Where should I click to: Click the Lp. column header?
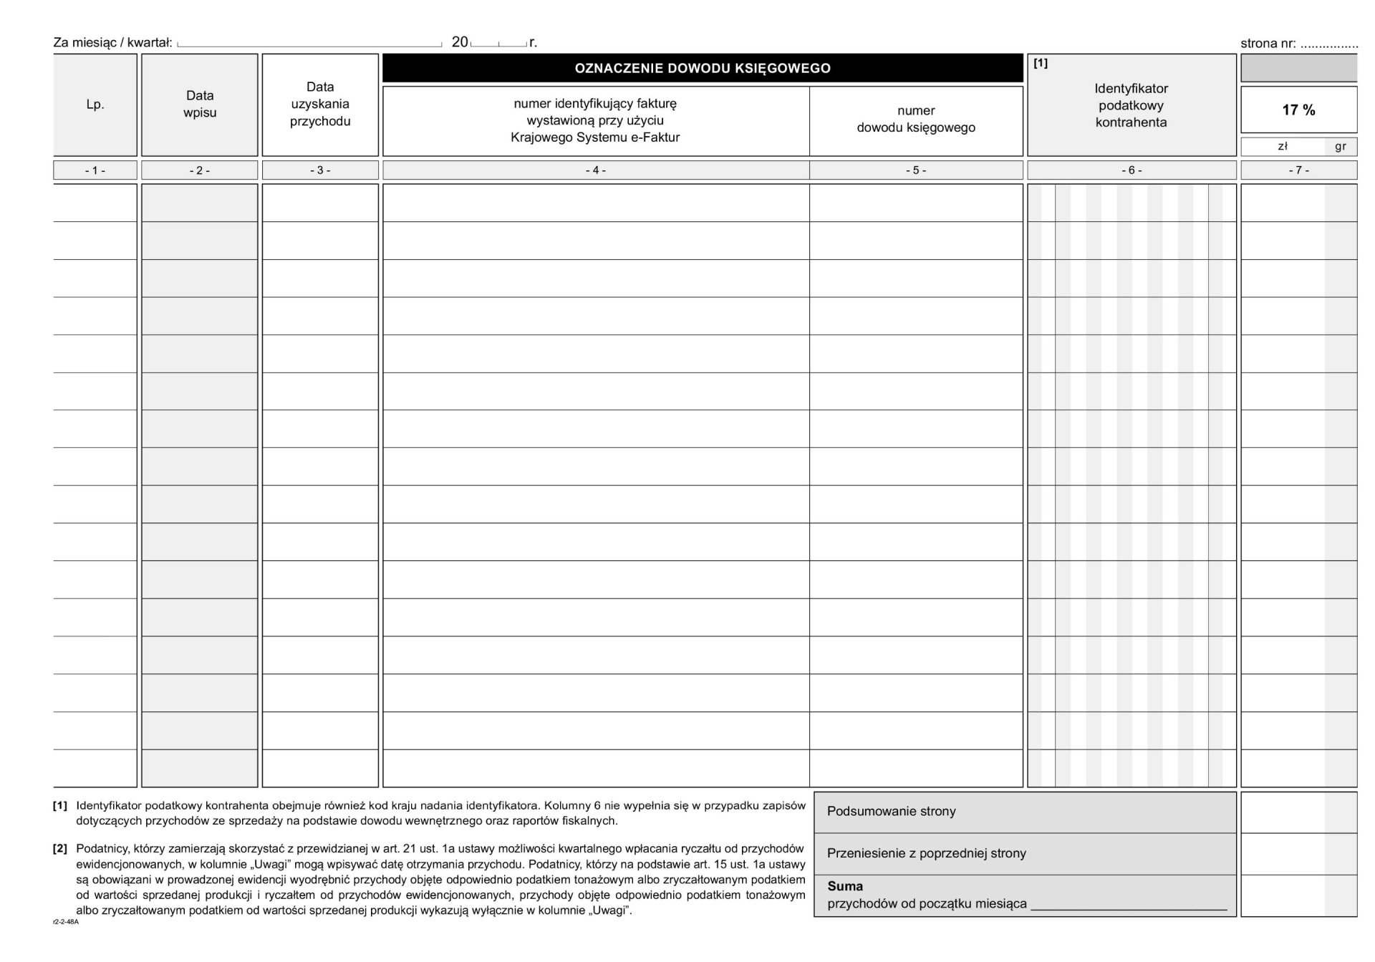click(95, 105)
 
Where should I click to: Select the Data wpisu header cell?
click(199, 105)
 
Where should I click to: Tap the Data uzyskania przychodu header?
click(320, 105)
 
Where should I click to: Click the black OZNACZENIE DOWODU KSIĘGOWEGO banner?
click(702, 69)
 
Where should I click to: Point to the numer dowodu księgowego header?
click(916, 120)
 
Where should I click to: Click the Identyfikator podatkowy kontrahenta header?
click(1131, 105)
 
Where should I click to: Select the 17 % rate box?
click(1298, 110)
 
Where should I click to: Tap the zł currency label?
click(1283, 147)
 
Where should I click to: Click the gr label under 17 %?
click(1341, 147)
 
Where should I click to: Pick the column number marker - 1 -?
click(95, 170)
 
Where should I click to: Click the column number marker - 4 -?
click(595, 170)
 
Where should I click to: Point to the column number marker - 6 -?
click(1132, 170)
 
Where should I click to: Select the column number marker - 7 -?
click(1298, 170)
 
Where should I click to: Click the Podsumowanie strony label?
click(891, 812)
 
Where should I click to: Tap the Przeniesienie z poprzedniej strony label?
click(926, 853)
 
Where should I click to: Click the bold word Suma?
click(845, 886)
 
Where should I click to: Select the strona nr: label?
click(1268, 44)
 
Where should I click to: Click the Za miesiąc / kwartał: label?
click(112, 43)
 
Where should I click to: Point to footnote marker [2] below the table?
click(60, 849)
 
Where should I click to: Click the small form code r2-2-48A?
click(66, 922)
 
